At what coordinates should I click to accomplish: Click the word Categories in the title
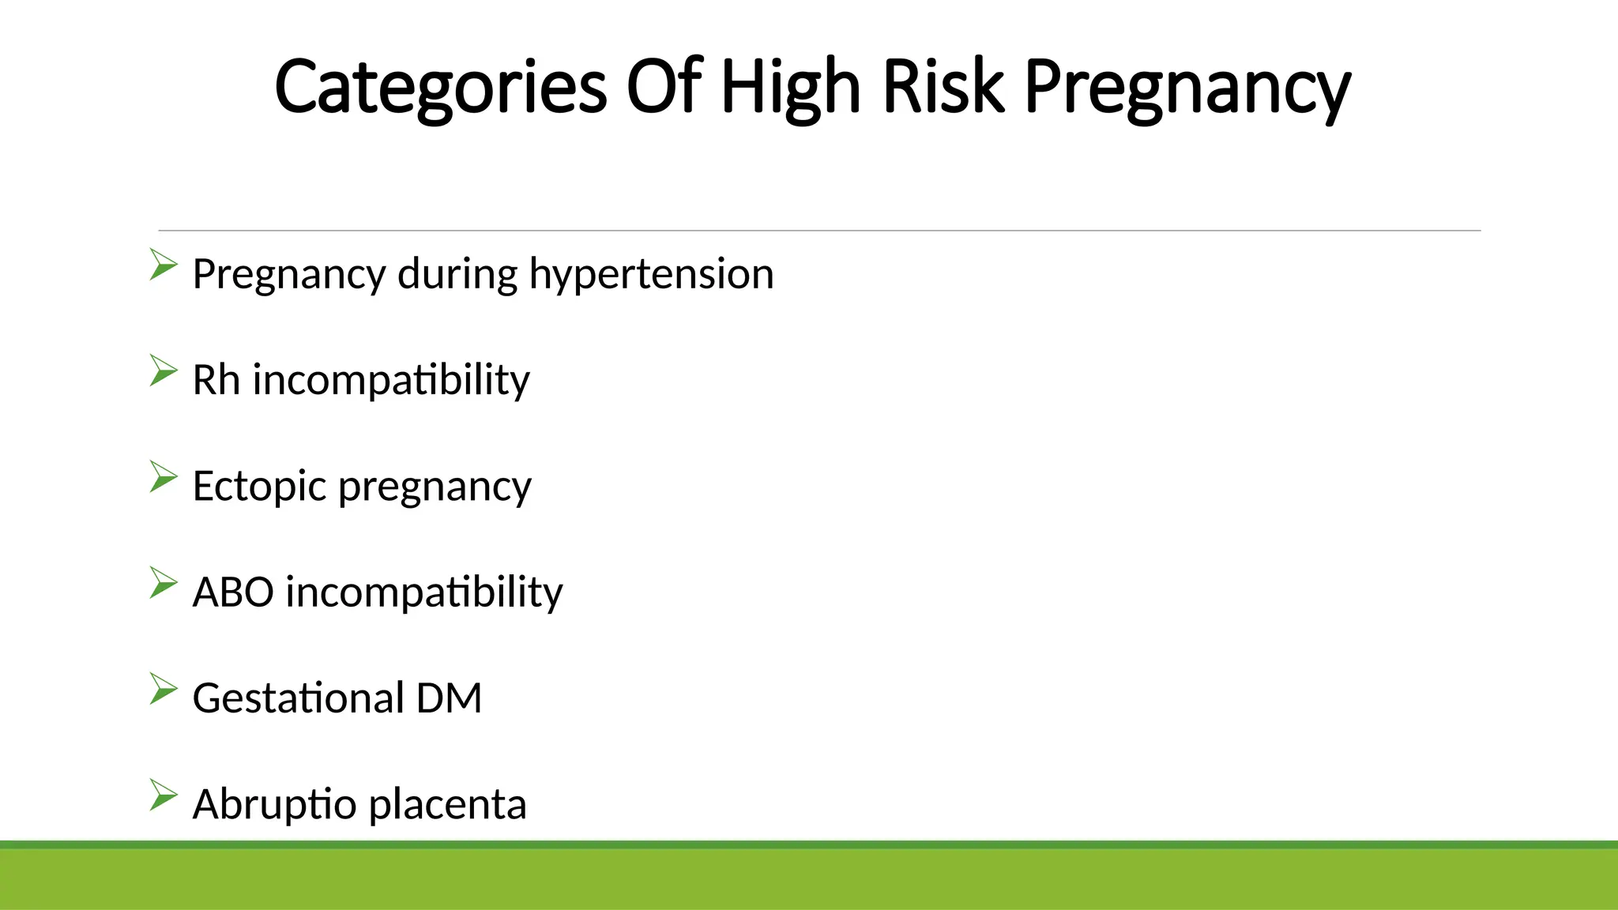440,88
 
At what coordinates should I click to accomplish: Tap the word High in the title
789,88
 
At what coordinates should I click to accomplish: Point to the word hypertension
651,276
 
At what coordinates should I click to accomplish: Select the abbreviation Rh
216,380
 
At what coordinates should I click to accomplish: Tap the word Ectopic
258,487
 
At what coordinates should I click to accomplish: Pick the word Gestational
298,698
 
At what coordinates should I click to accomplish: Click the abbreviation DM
449,698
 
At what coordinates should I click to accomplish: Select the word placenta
447,805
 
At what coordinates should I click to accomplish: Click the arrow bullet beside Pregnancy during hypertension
163,265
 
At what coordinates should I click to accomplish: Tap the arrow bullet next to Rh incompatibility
163,370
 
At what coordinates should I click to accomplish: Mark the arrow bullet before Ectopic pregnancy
163,477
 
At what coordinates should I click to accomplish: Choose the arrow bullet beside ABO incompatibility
163,583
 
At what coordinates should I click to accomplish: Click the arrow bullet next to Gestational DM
163,689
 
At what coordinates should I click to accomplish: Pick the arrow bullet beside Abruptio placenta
163,795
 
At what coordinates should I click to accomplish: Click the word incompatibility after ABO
424,592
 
